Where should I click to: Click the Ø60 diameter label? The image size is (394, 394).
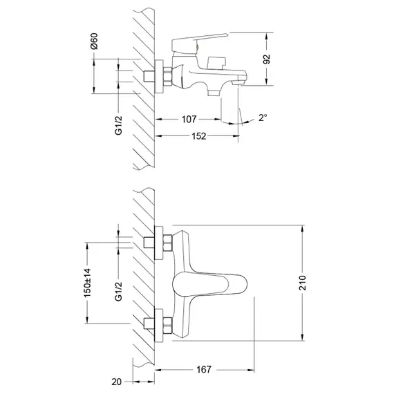click(x=94, y=41)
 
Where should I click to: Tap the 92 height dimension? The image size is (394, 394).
click(x=267, y=59)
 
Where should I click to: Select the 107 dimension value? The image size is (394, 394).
click(x=189, y=119)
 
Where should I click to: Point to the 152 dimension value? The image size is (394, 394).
click(x=199, y=136)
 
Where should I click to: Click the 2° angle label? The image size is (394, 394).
click(x=263, y=118)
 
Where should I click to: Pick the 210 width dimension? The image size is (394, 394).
click(x=303, y=283)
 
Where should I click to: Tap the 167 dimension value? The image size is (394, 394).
click(x=204, y=369)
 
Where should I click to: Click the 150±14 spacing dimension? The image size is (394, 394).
click(x=88, y=283)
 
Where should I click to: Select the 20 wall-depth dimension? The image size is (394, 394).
click(x=116, y=382)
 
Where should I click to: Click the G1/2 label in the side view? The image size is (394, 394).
click(x=118, y=125)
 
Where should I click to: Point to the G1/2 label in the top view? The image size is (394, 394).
click(x=118, y=292)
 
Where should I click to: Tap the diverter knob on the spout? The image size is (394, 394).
click(x=216, y=63)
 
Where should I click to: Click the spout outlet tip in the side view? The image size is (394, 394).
click(x=239, y=82)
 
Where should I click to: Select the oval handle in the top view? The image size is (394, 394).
click(x=209, y=284)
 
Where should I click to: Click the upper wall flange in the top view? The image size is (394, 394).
click(x=159, y=243)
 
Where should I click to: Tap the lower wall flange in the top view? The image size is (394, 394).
click(x=159, y=326)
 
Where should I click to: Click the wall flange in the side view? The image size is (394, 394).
click(x=159, y=77)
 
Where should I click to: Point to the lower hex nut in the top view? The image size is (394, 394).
click(x=167, y=326)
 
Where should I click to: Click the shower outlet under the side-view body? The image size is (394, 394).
click(x=214, y=93)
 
